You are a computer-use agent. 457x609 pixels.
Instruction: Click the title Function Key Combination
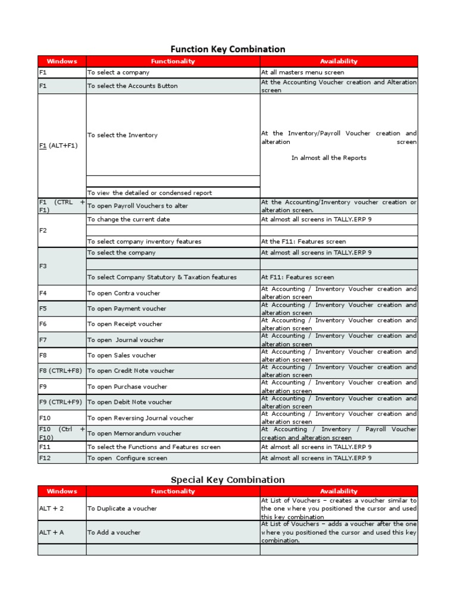(x=228, y=49)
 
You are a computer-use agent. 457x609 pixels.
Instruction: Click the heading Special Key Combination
(x=228, y=479)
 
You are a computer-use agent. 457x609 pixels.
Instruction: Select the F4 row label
(x=43, y=293)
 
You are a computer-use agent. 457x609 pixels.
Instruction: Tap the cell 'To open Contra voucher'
(x=124, y=293)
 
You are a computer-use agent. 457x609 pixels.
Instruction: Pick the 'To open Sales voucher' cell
(x=122, y=356)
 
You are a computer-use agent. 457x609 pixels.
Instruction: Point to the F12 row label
(x=45, y=459)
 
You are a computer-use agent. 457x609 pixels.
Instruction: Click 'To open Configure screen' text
(x=127, y=459)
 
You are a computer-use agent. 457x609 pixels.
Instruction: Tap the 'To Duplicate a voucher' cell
(x=123, y=508)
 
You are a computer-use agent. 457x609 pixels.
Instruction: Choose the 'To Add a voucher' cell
(x=114, y=533)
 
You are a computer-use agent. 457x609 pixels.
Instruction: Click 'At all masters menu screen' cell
(x=302, y=73)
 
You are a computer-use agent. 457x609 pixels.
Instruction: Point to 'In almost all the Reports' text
(x=328, y=158)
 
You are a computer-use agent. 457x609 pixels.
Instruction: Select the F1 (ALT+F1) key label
(x=58, y=146)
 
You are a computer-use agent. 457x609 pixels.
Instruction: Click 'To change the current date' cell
(x=129, y=219)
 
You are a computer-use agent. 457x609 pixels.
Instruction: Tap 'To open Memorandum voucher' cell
(x=134, y=434)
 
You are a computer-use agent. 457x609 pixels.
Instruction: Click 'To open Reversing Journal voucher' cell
(x=140, y=418)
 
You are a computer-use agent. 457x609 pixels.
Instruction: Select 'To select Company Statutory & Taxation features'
(x=162, y=277)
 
